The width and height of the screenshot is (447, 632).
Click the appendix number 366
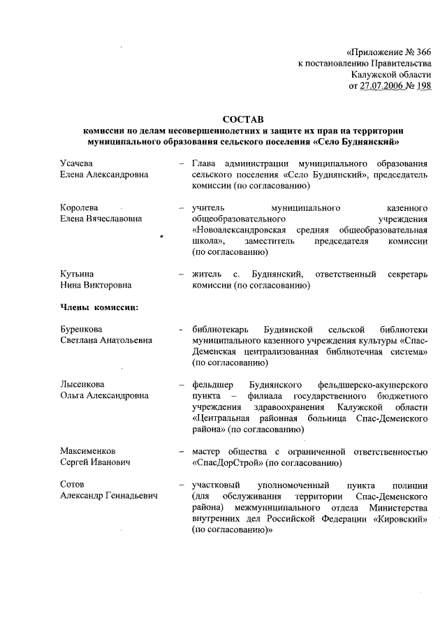pos(423,52)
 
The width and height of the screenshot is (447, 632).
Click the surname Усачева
pos(77,163)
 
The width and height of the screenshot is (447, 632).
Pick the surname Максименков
pos(87,451)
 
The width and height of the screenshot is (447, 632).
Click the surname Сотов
pos(72,485)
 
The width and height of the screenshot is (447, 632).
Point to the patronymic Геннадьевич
pos(131,496)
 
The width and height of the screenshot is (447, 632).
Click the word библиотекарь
pos(220,329)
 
